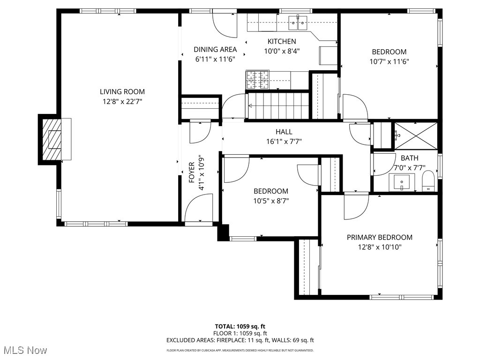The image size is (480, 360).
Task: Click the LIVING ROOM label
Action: click(x=122, y=92)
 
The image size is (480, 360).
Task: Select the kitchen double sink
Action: click(x=298, y=21)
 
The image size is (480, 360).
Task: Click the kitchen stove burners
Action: click(x=258, y=79)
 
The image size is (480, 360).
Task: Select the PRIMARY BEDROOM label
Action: click(x=379, y=237)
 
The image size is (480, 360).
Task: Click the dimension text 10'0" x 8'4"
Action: click(x=282, y=51)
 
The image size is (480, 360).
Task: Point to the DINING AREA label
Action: click(x=215, y=49)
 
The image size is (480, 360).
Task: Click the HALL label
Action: click(x=284, y=132)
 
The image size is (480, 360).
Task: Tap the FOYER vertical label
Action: click(x=191, y=172)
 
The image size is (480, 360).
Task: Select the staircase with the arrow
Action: click(x=278, y=106)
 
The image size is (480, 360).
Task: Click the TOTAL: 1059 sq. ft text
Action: click(x=240, y=326)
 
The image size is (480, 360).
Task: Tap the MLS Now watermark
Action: click(x=24, y=350)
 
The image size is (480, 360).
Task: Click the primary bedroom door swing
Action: click(x=356, y=206)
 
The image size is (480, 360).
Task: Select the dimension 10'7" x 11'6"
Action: click(x=389, y=61)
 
